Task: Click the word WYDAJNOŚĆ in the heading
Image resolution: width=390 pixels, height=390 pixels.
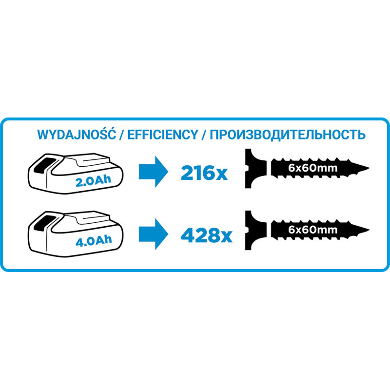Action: coord(77,134)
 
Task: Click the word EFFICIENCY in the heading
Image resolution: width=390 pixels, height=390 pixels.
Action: coord(163,135)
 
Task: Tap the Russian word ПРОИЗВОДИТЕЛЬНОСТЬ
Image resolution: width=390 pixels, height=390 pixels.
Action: coord(288,135)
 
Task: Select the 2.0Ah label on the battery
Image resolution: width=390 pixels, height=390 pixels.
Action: coord(93,180)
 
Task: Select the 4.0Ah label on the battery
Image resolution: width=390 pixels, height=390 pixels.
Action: coord(94,240)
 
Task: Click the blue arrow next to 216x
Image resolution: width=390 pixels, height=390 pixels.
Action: coord(154,172)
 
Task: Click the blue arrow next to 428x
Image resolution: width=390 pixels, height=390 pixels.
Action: coord(154,234)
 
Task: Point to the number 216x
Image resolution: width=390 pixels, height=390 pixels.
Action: coord(204,173)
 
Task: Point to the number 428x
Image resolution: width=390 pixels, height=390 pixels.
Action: coord(207,235)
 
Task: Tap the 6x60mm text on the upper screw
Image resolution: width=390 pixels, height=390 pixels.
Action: coord(313,168)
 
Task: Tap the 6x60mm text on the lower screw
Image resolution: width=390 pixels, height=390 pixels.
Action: coord(313,230)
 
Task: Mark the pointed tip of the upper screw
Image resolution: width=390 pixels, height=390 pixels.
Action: coord(369,168)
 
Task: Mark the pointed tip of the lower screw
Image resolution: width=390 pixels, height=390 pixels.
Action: coord(369,230)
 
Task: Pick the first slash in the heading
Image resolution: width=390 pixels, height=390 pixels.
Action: coord(122,135)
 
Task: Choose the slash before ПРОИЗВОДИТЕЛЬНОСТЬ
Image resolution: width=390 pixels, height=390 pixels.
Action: coord(204,135)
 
